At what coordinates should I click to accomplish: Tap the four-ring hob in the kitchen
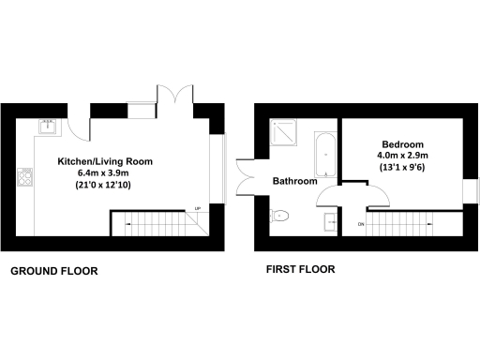[x=25, y=176]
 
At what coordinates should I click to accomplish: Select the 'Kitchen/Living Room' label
[x=105, y=161]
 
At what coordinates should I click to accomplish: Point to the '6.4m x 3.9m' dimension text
[x=105, y=173]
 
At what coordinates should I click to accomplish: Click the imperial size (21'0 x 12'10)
[x=105, y=186]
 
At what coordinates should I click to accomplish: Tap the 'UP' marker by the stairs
[x=197, y=208]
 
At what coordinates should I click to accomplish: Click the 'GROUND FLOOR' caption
[x=53, y=271]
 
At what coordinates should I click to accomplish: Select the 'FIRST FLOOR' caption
[x=302, y=270]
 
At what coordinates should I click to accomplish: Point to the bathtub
[x=324, y=154]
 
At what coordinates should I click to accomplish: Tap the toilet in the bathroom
[x=280, y=217]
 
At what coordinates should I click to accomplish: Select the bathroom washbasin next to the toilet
[x=330, y=222]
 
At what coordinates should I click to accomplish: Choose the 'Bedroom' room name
[x=401, y=142]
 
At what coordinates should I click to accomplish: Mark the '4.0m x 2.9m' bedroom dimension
[x=401, y=155]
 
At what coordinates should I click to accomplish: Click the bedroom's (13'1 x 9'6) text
[x=401, y=168]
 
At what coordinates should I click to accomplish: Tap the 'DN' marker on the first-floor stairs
[x=360, y=225]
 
